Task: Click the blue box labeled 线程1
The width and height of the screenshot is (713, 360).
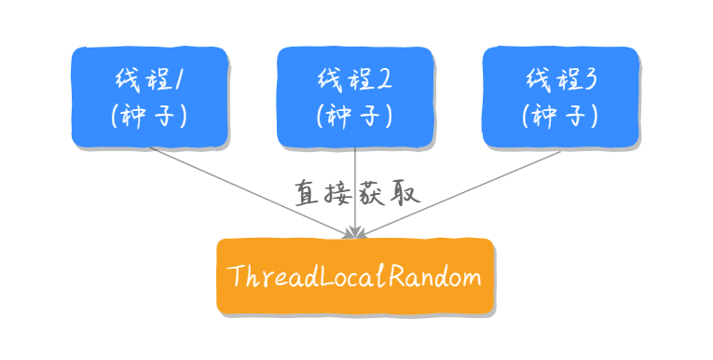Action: pyautogui.click(x=149, y=96)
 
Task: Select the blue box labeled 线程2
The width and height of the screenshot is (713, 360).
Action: pyautogui.click(x=355, y=96)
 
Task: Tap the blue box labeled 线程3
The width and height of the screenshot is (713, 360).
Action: pyautogui.click(x=560, y=96)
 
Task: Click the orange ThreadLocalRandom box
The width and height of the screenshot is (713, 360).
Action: pyautogui.click(x=354, y=276)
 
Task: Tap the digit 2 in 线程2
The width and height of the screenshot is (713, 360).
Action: pyautogui.click(x=385, y=78)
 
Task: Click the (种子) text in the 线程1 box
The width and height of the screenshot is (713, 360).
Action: pyautogui.click(x=149, y=116)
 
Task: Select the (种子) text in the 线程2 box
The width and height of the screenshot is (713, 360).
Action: pyautogui.click(x=355, y=116)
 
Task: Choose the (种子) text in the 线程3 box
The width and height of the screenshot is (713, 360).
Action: pyautogui.click(x=560, y=116)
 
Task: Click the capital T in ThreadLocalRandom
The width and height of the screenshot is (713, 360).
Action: pyautogui.click(x=235, y=276)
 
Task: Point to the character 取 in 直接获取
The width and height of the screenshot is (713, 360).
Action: pyautogui.click(x=407, y=193)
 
